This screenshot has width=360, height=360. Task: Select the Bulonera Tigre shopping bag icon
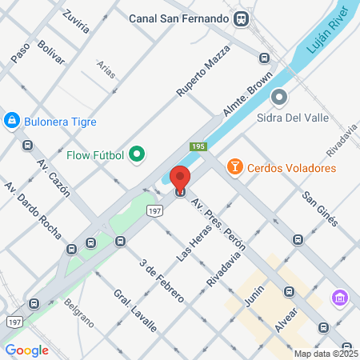(x=12, y=121)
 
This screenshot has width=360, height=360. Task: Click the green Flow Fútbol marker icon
(x=137, y=154)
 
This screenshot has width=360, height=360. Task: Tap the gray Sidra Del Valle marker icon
(x=279, y=98)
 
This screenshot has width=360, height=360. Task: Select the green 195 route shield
(x=198, y=146)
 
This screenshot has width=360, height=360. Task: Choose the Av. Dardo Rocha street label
(x=33, y=210)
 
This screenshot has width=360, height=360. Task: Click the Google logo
(x=27, y=350)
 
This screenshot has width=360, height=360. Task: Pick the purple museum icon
(x=339, y=298)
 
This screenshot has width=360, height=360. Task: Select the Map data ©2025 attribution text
(x=326, y=354)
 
